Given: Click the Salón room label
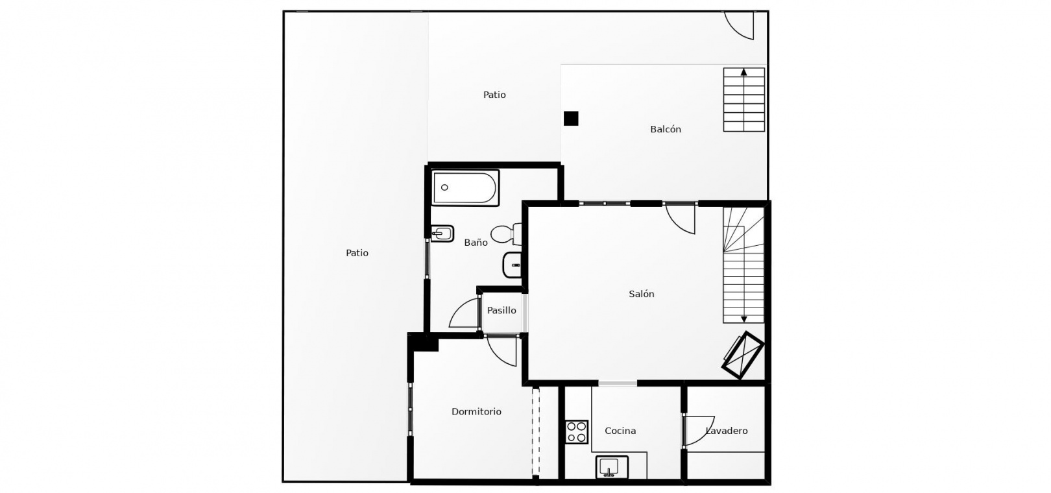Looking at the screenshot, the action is point(642,294).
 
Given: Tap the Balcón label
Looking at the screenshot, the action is point(666,130).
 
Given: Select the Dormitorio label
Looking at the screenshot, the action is point(476,412).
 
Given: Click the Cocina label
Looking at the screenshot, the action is point(620,431).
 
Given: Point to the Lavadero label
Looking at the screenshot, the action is point(727,431).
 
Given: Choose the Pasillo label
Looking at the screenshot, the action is point(501,311).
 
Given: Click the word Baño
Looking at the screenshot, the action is point(476,243).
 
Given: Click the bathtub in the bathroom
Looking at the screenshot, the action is point(465,187).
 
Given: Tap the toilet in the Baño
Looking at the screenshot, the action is point(506,234).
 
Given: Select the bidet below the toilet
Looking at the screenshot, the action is point(512,265).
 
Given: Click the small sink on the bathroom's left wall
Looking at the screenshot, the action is point(442,234).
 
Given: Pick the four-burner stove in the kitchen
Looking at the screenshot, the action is point(576,431).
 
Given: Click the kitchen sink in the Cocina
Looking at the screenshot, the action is point(612,467).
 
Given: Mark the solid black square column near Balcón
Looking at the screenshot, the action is point(571,119).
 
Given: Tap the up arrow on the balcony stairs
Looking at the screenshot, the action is point(743,72).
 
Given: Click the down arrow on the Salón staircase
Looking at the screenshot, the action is point(743,319).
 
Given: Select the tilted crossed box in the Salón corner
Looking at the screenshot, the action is point(743,355).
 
